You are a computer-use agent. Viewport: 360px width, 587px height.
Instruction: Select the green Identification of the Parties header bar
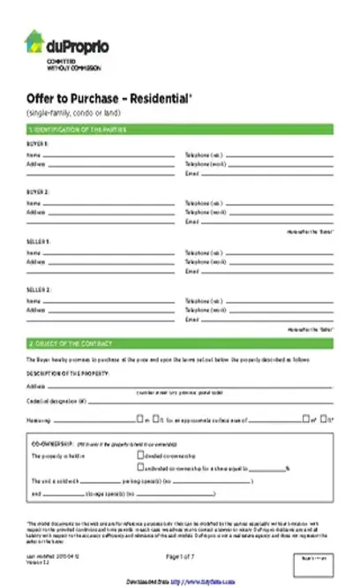pos(180,130)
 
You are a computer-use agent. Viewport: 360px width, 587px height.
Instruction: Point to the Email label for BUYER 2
pos(191,222)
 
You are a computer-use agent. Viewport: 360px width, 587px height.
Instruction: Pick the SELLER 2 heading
pos(39,290)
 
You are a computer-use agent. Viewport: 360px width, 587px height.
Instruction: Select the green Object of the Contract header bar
pos(180,342)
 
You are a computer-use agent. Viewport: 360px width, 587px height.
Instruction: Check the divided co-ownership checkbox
pos(140,456)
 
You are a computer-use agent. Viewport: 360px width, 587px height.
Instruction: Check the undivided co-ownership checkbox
pos(140,468)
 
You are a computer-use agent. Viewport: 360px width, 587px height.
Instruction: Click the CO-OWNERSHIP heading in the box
pos(53,445)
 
